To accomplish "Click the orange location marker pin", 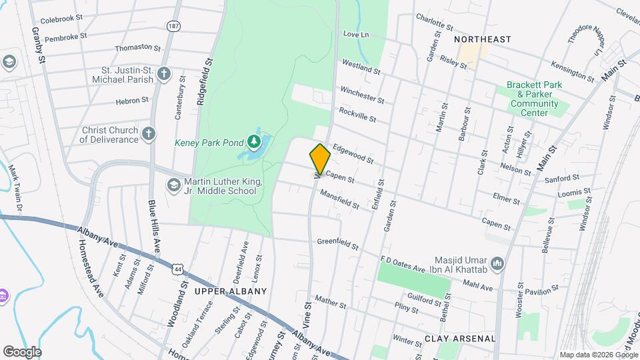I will coord(320,159).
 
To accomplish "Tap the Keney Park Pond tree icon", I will coord(253,141).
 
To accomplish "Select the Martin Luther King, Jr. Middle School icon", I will coord(174,184).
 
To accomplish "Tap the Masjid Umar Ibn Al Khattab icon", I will coord(497,265).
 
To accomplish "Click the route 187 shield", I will coord(173,26).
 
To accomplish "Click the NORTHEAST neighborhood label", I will coord(482,39).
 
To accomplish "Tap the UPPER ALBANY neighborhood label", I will coord(230,291).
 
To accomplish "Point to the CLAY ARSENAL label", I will coord(460,339).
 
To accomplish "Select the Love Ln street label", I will coord(356,34).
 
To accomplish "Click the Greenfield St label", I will coord(338,242).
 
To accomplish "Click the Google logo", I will coord(21,351).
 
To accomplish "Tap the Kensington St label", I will coord(573,72).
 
